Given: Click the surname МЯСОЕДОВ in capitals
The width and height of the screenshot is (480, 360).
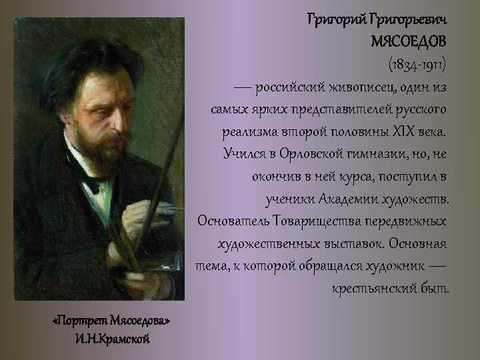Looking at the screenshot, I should (409, 41).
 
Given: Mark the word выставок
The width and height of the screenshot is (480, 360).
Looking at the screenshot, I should (352, 243).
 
